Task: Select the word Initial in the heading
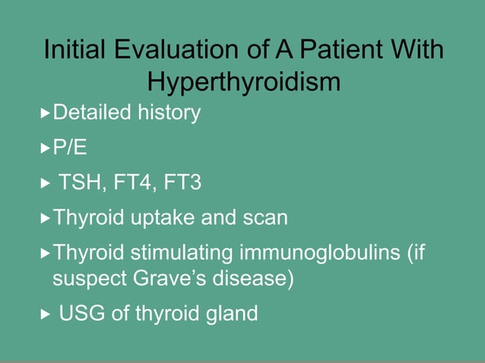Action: (x=74, y=51)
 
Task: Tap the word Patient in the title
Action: (x=341, y=51)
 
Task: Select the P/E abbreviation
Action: (x=69, y=147)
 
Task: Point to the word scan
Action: (x=265, y=219)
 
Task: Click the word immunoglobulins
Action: (x=325, y=253)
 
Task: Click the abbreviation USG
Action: (x=82, y=313)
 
